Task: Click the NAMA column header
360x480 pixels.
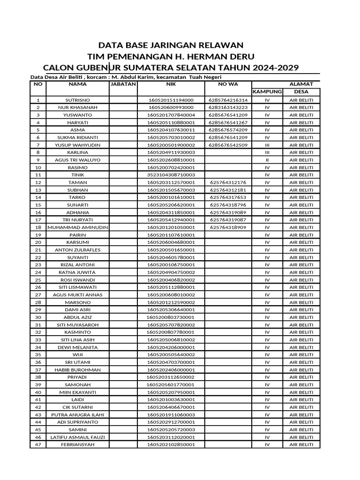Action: click(78, 84)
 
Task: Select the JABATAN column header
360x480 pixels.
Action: click(123, 84)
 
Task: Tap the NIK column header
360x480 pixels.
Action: click(171, 84)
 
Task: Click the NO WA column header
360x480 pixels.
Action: click(228, 84)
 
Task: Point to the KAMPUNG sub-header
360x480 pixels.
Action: click(267, 92)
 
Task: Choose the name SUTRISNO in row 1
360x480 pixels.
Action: click(78, 100)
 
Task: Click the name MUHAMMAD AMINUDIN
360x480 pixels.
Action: click(78, 227)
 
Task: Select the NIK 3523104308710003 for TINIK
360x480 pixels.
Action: click(171, 175)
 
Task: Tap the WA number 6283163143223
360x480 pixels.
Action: click(228, 107)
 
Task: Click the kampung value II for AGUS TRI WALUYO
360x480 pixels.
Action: click(267, 160)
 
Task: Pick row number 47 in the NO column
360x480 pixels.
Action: click(38, 444)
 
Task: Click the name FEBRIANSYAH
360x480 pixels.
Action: click(78, 444)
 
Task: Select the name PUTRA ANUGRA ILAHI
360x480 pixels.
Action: click(78, 414)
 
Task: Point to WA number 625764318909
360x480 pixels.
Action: click(228, 227)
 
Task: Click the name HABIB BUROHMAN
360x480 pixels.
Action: click(78, 369)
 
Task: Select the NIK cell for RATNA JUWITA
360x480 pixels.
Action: click(171, 272)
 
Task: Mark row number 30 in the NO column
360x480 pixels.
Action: click(38, 317)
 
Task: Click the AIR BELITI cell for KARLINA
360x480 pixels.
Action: click(301, 152)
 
